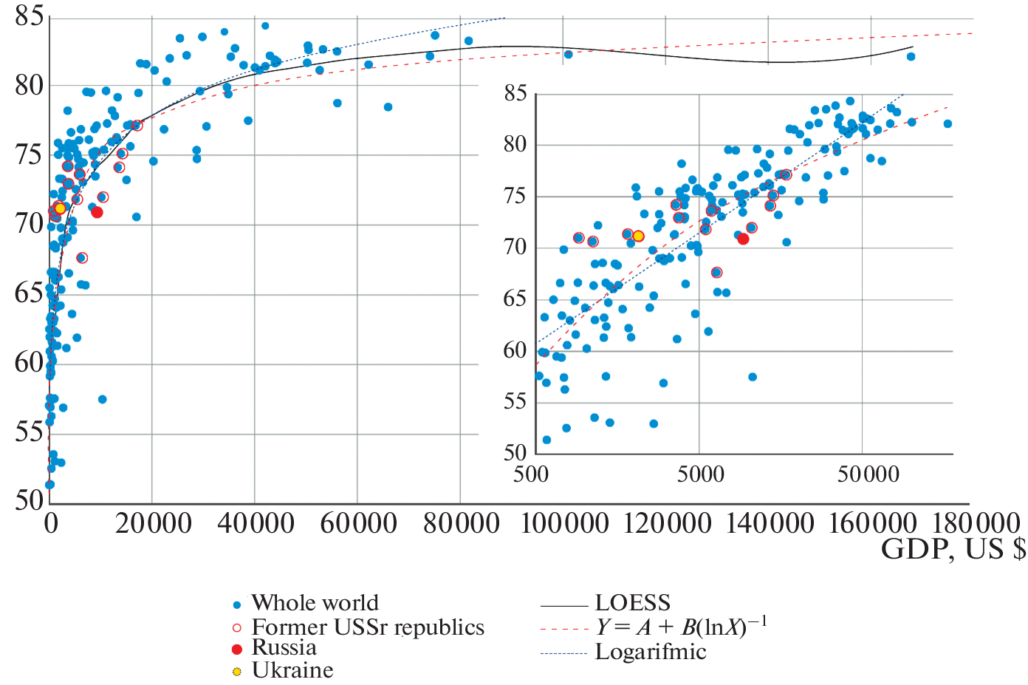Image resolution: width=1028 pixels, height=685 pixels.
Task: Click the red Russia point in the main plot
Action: (x=97, y=212)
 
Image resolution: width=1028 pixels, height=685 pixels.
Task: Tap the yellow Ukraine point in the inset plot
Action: (x=638, y=236)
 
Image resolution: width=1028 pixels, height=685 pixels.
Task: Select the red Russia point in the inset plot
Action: (x=743, y=239)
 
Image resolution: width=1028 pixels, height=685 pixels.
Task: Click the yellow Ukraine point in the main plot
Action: (x=60, y=208)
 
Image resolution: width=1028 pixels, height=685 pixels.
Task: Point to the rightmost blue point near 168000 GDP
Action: (x=911, y=56)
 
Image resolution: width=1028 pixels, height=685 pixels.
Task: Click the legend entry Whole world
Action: (x=315, y=603)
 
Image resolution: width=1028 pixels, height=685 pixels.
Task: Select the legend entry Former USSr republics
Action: (x=368, y=627)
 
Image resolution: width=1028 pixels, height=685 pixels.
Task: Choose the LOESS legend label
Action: (x=633, y=603)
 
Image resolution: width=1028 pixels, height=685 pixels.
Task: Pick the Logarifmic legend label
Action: (x=651, y=652)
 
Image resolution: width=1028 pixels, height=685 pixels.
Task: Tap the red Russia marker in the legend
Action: (x=237, y=650)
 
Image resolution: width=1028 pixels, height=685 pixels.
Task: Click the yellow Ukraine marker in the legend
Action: (x=237, y=672)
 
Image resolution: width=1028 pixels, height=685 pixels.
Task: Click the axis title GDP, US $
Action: (x=953, y=549)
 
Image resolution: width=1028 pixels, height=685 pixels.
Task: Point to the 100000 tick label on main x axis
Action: (x=565, y=524)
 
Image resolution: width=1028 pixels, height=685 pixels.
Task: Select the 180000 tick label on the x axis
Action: (x=976, y=524)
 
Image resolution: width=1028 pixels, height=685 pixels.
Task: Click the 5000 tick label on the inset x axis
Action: (x=700, y=474)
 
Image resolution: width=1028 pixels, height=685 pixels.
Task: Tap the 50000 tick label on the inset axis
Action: (x=868, y=474)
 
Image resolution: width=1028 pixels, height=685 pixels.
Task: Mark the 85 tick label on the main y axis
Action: (x=30, y=16)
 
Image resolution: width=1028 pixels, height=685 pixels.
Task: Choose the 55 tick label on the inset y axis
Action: (x=515, y=402)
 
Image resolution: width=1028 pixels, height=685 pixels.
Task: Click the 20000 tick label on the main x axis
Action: (x=154, y=524)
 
